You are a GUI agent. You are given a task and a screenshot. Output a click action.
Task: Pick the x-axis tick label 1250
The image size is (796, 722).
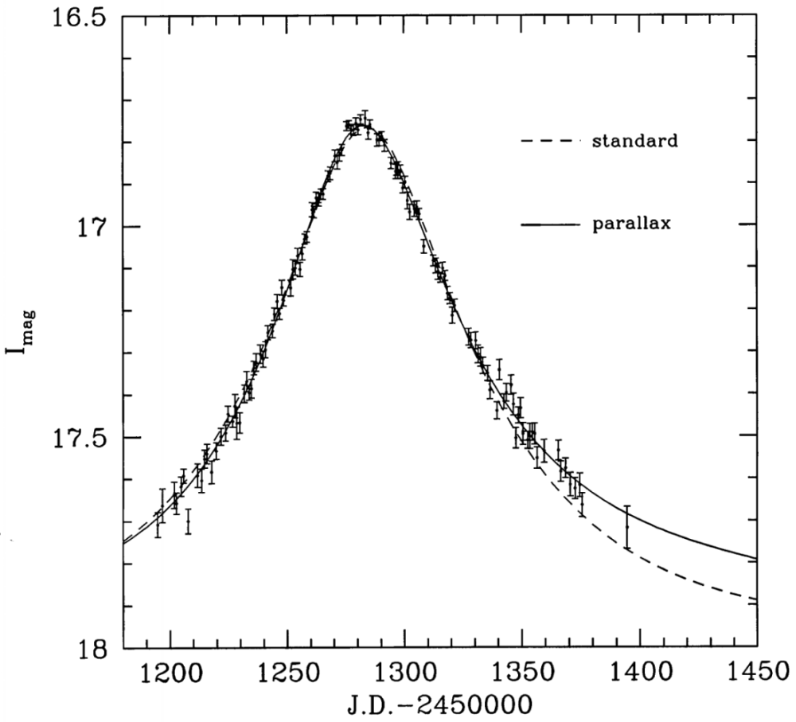(287, 676)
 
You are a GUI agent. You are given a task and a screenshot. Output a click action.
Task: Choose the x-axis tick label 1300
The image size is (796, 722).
(404, 676)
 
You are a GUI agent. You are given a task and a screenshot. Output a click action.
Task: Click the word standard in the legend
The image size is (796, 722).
(634, 142)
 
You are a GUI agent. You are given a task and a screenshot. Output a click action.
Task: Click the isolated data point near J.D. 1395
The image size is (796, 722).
(627, 526)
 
